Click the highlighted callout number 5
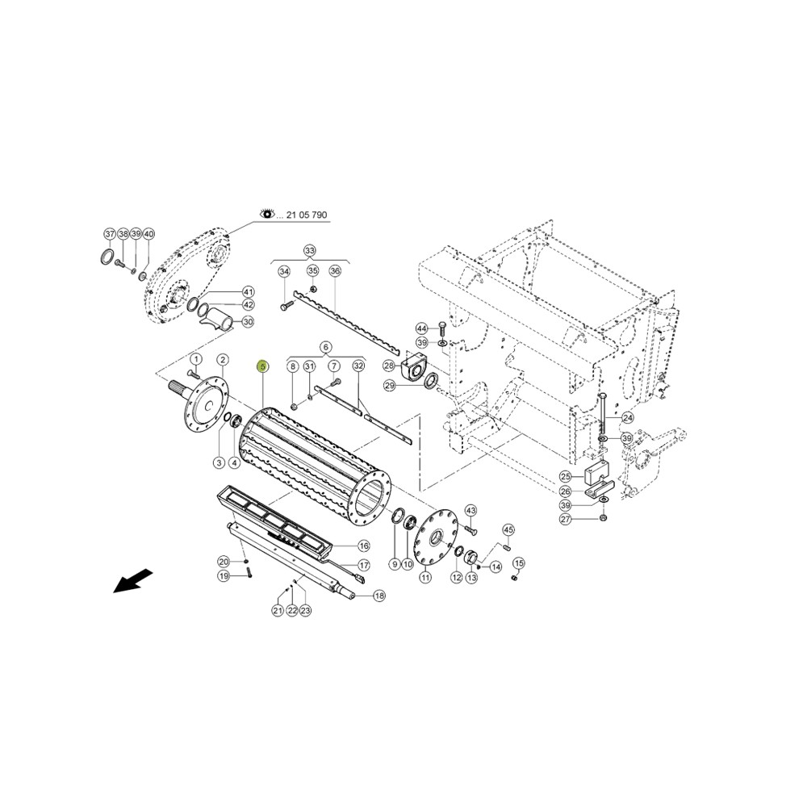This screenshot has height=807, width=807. click(x=263, y=366)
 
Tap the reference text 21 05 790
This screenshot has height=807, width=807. click(x=306, y=215)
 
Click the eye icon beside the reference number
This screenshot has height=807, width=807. click(x=267, y=214)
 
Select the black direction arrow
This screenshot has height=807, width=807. click(x=133, y=580)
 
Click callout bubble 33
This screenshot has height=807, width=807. click(x=309, y=251)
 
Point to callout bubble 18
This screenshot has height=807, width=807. click(x=378, y=596)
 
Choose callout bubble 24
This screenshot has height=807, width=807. click(x=628, y=417)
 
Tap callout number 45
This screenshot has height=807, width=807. click(x=508, y=529)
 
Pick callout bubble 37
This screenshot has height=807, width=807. click(x=110, y=234)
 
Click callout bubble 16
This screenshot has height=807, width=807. click(x=363, y=546)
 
